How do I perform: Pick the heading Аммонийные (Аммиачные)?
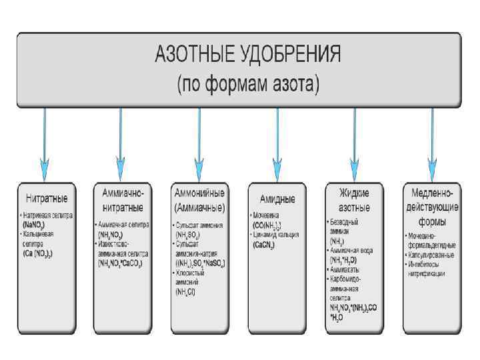pos(199,199)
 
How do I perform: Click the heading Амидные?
pos(276,199)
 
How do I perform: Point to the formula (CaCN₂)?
pos(265,245)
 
